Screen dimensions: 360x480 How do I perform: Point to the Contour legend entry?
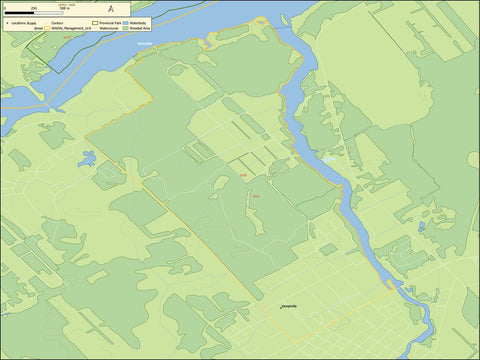(x=57, y=21)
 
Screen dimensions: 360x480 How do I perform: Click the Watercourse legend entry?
(x=110, y=28)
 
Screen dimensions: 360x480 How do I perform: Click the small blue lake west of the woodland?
(x=88, y=158)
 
